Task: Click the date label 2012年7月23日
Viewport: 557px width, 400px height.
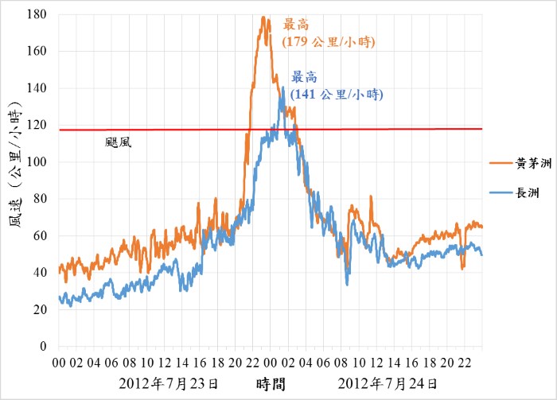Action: (x=168, y=384)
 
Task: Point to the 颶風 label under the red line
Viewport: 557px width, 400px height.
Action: (x=118, y=143)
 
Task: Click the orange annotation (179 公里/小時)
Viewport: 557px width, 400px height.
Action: (x=329, y=41)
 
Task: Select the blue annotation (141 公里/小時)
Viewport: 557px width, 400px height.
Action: (x=337, y=94)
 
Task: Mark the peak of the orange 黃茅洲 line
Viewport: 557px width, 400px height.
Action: (x=263, y=17)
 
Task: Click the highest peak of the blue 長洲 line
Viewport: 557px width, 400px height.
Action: (x=282, y=87)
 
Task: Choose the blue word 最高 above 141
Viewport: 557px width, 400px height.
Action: (x=304, y=78)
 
